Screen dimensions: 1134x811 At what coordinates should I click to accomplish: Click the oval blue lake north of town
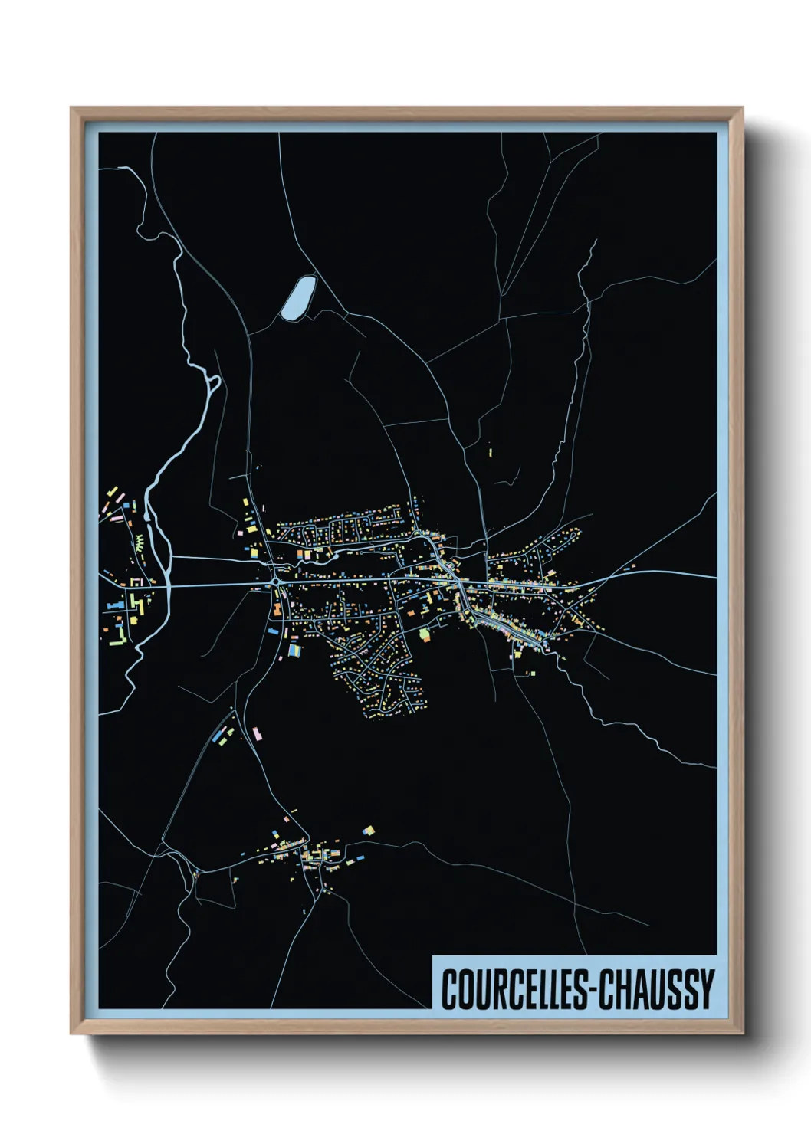pyautogui.click(x=297, y=297)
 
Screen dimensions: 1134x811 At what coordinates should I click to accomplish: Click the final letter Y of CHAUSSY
pyautogui.click(x=707, y=989)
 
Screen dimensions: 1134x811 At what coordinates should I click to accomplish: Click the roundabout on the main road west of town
pyautogui.click(x=274, y=582)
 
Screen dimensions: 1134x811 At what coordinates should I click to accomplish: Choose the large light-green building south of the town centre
pyautogui.click(x=425, y=634)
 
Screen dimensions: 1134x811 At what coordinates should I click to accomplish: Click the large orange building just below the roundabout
pyautogui.click(x=277, y=610)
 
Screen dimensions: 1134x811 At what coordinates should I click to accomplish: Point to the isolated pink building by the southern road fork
pyautogui.click(x=256, y=733)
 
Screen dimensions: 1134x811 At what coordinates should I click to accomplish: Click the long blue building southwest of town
pyautogui.click(x=223, y=736)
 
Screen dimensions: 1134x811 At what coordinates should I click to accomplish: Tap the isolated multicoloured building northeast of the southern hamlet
pyautogui.click(x=368, y=831)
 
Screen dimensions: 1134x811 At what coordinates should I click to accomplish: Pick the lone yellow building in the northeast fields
pyautogui.click(x=490, y=453)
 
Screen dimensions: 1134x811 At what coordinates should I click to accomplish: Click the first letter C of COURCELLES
pyautogui.click(x=448, y=989)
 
